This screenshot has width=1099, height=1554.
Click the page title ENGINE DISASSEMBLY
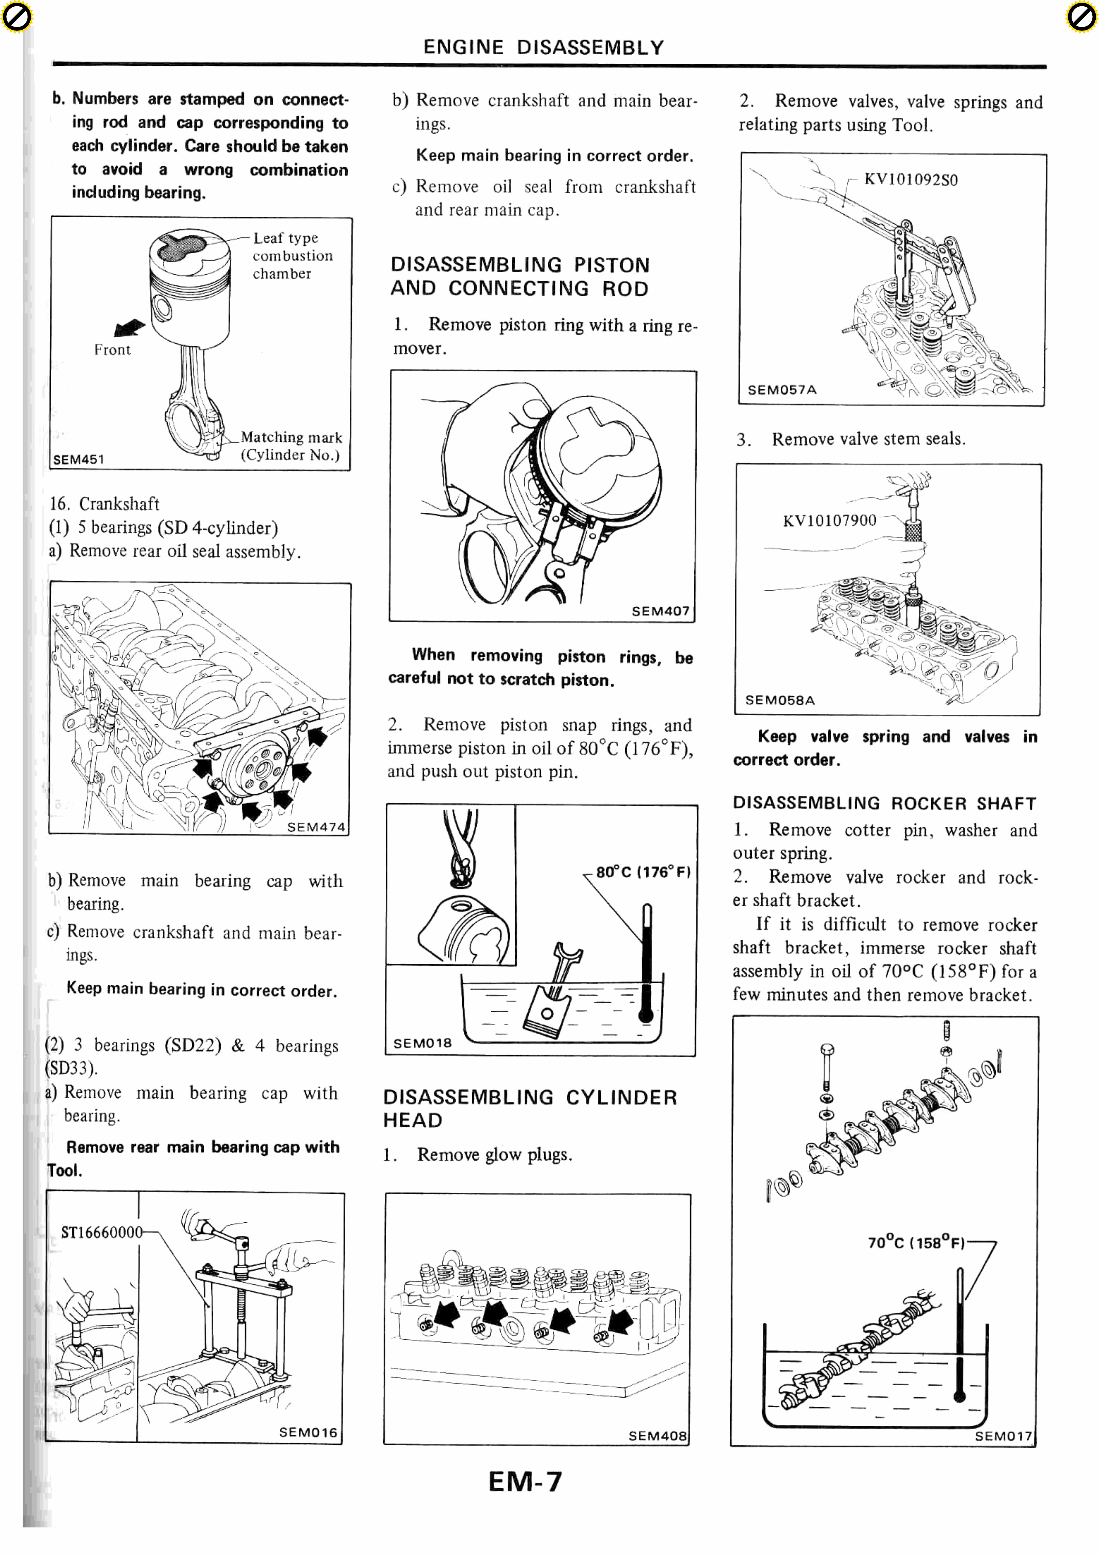pyautogui.click(x=543, y=47)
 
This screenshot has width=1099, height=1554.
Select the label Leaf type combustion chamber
pyautogui.click(x=292, y=256)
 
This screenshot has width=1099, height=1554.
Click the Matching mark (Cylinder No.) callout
pyautogui.click(x=291, y=446)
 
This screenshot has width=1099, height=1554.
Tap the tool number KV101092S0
pyautogui.click(x=911, y=179)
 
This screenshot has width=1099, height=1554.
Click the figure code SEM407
pyautogui.click(x=660, y=611)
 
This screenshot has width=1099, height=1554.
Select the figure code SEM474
pyautogui.click(x=315, y=827)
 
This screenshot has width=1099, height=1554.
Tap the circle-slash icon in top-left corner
pyautogui.click(x=16, y=17)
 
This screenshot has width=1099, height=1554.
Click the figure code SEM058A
pyautogui.click(x=779, y=700)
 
